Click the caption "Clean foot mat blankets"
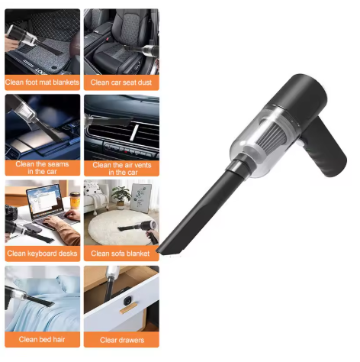pyautogui.click(x=43, y=82)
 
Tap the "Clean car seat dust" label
pyautogui.click(x=121, y=82)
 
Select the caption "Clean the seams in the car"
pyautogui.click(x=43, y=167)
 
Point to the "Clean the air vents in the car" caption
pyautogui.click(x=121, y=168)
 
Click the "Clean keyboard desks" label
pyautogui.click(x=43, y=253)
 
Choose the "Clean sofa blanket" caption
pyautogui.click(x=121, y=253)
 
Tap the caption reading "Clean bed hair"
pyautogui.click(x=43, y=339)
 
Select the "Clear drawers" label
pyautogui.click(x=121, y=339)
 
